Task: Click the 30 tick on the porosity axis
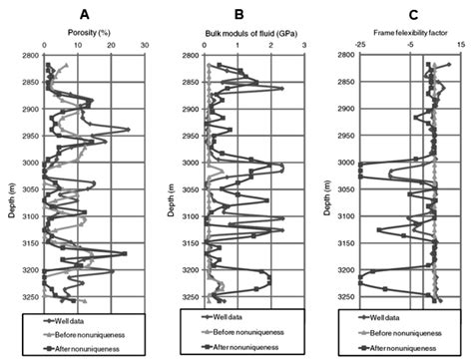[145, 45]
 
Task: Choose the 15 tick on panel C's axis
[459, 46]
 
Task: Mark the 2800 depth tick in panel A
[27, 56]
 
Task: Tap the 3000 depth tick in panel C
[345, 163]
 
